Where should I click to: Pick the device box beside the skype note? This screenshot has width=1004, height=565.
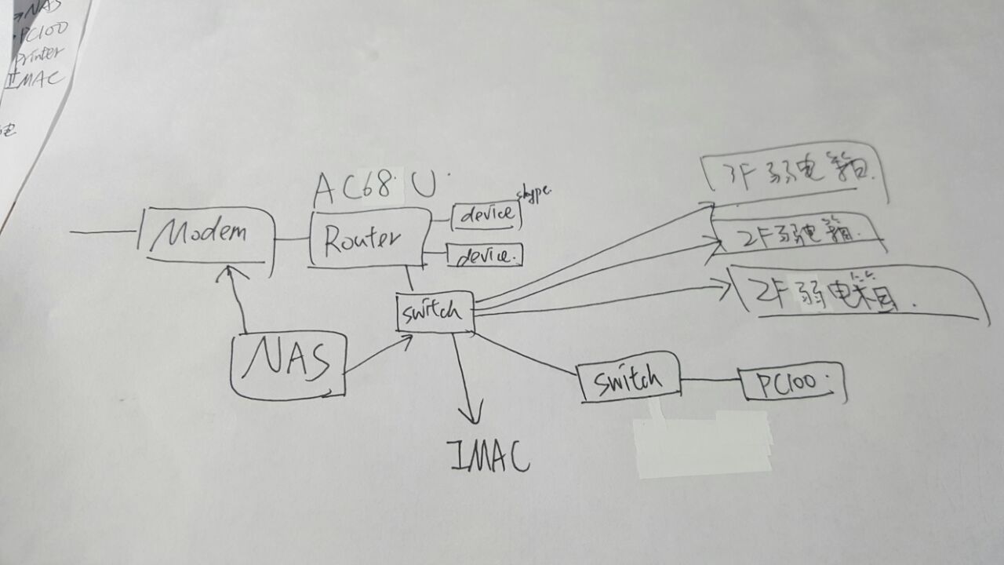(486, 214)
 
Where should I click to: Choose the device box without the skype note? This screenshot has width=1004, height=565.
(483, 255)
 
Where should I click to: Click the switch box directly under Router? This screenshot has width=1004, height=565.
(435, 312)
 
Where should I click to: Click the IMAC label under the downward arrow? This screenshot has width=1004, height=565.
(487, 457)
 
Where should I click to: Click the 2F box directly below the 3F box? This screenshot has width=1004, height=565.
(797, 233)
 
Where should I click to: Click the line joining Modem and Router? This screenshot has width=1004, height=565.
(293, 238)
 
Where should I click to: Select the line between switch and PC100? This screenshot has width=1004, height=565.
(711, 381)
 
